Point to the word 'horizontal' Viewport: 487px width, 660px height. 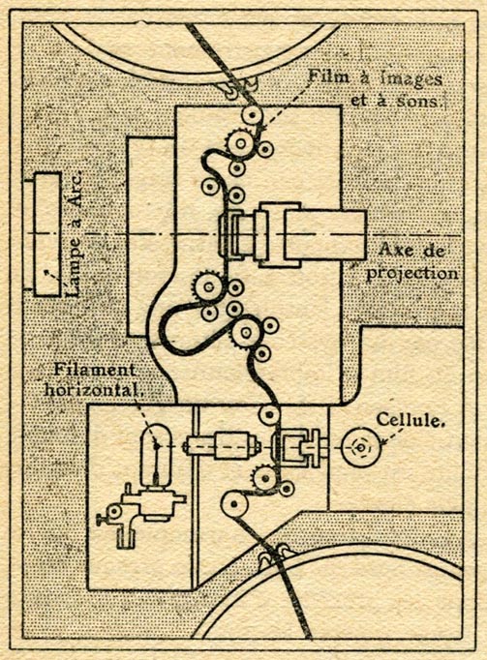coord(93,389)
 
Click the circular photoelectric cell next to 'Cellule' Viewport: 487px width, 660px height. coord(361,448)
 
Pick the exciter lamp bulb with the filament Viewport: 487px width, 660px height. coord(156,456)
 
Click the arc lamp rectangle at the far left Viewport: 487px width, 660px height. coord(47,235)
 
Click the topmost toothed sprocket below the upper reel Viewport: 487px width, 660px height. coord(240,143)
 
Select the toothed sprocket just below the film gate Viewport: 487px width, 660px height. coord(208,287)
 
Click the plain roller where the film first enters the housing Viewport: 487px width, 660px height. coord(252,114)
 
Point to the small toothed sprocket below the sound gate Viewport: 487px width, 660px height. coord(265,479)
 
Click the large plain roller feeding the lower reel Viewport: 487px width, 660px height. coord(234,504)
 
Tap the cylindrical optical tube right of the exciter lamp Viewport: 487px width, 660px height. coord(222,446)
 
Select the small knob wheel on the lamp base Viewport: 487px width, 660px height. coord(113,512)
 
